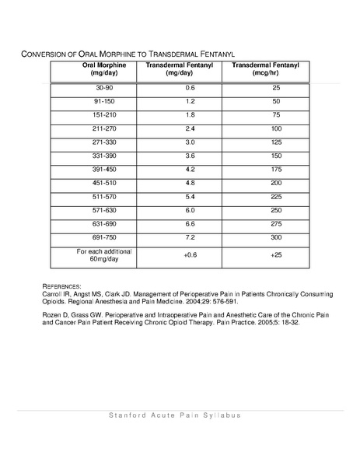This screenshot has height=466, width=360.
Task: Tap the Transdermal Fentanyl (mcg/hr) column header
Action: click(x=254, y=69)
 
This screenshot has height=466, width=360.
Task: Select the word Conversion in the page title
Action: click(x=45, y=54)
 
